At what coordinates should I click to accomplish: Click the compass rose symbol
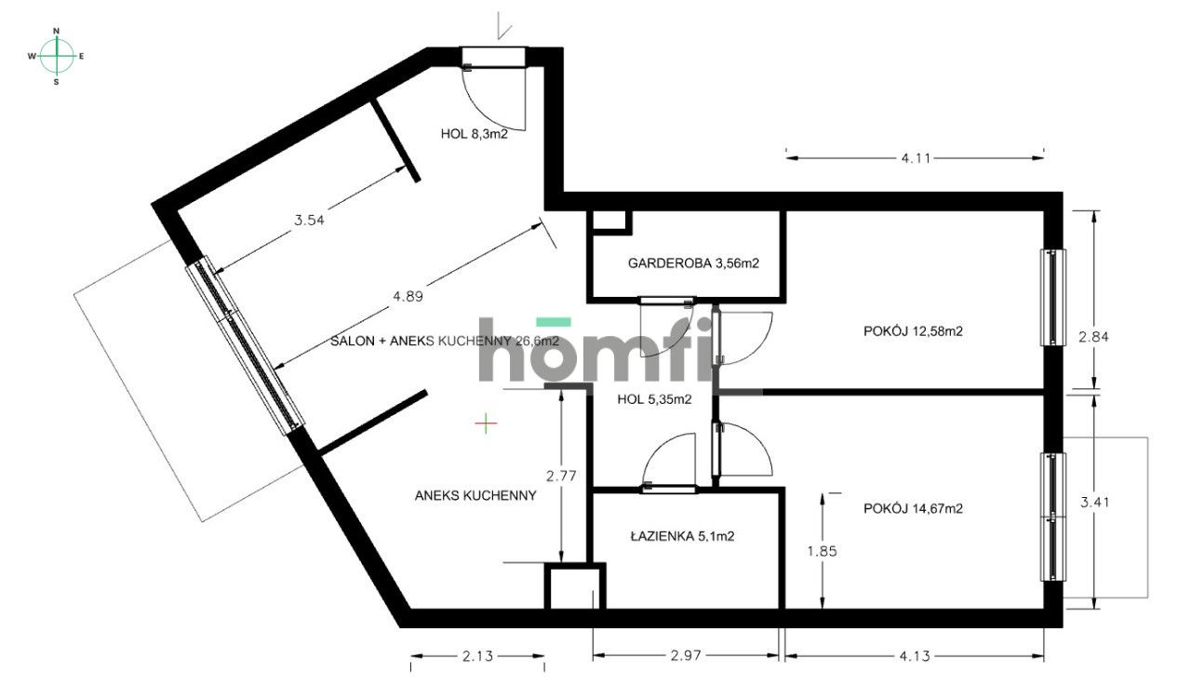57,56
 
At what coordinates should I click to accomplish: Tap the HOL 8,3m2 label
474,133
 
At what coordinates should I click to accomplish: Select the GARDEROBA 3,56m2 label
693,263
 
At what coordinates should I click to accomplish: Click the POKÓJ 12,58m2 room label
912,329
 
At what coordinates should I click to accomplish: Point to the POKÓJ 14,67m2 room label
912,508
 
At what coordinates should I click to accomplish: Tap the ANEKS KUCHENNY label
475,495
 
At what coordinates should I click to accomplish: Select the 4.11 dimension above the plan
916,158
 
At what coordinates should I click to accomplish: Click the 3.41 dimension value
1094,503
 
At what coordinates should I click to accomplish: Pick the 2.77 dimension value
561,476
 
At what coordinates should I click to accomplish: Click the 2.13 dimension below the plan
476,657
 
